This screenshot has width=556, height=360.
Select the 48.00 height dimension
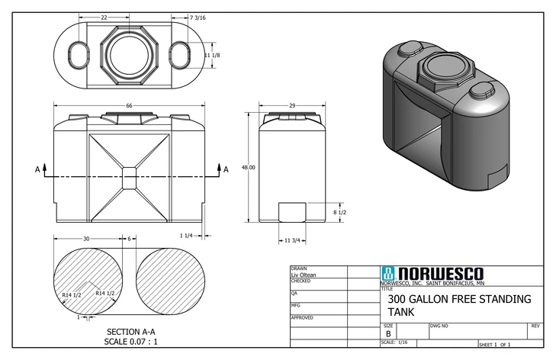(x=248, y=167)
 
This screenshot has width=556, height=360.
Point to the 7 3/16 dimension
(x=210, y=17)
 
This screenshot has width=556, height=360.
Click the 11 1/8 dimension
(x=214, y=56)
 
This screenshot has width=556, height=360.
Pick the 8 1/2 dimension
(x=340, y=212)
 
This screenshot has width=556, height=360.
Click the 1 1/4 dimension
(x=186, y=235)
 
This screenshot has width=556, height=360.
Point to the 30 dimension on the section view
(x=86, y=239)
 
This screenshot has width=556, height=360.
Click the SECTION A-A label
(x=130, y=332)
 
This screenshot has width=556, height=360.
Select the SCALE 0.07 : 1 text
(x=130, y=342)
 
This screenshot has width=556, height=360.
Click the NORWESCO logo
(x=432, y=273)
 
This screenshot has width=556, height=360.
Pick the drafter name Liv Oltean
(x=304, y=275)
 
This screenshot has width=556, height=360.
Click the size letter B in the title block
(x=388, y=333)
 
